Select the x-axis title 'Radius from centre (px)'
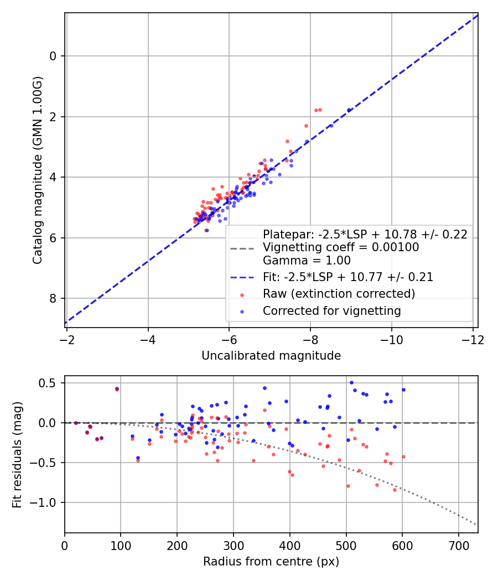point(271,562)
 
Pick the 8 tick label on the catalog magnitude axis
point(54,299)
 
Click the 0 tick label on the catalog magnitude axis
point(54,56)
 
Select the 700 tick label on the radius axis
point(459,546)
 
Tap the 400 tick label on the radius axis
point(290,546)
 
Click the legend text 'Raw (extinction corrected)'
point(339,293)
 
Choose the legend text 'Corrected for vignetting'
point(332,311)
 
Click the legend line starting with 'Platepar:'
point(365,234)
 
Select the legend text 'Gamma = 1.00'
point(307,261)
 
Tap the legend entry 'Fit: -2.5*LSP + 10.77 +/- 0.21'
point(348,277)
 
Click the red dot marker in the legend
point(241,294)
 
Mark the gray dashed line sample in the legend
point(241,248)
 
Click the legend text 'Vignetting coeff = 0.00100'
point(341,247)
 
